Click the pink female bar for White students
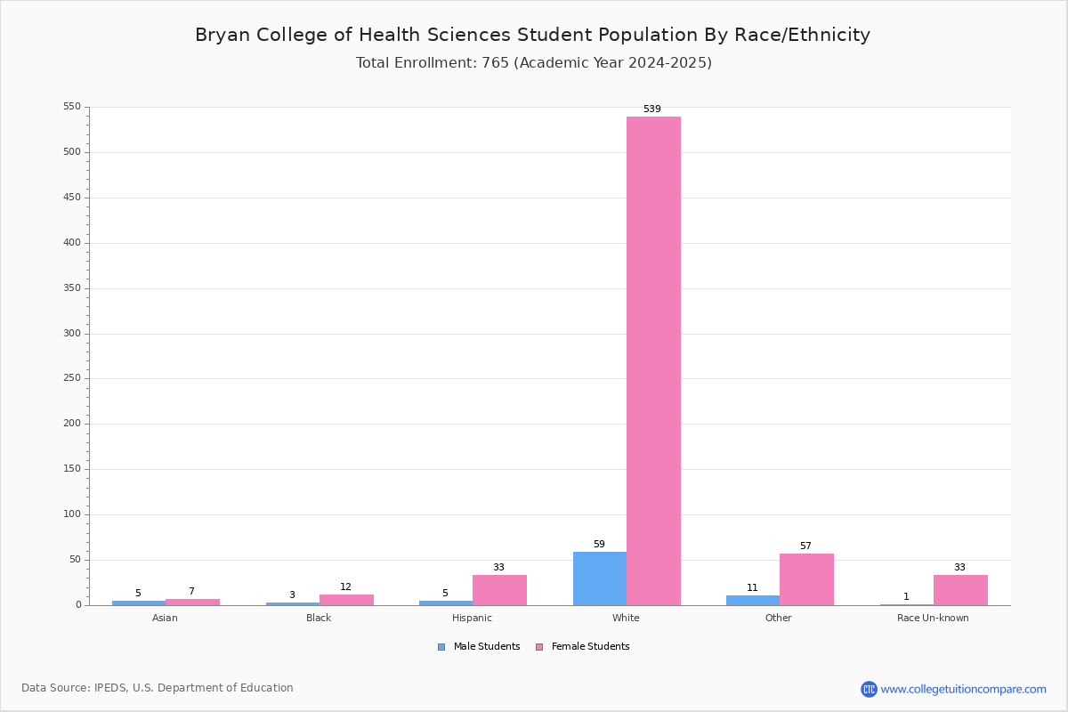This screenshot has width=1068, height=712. click(x=653, y=361)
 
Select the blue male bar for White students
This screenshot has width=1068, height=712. click(x=600, y=578)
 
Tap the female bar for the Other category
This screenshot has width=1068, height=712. click(x=806, y=579)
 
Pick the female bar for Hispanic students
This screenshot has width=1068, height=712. click(x=499, y=590)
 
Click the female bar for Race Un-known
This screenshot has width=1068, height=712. click(x=960, y=590)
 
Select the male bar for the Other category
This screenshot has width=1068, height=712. click(x=753, y=601)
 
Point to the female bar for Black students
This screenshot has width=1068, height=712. click(x=346, y=600)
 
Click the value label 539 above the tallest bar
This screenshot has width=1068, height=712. click(x=652, y=109)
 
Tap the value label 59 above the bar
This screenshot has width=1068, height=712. click(x=599, y=544)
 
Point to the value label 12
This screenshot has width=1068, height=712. click(x=345, y=587)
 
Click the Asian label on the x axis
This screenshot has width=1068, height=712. click(x=165, y=618)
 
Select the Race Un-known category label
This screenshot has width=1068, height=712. click(x=933, y=618)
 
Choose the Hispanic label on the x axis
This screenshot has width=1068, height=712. click(x=472, y=618)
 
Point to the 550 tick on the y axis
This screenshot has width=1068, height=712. click(x=72, y=106)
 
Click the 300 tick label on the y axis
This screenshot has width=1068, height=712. click(x=72, y=334)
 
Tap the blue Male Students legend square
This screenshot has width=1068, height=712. click(x=441, y=647)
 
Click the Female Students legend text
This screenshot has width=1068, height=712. click(x=590, y=646)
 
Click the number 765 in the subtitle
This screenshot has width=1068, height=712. click(x=496, y=62)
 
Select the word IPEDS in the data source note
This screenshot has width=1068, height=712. click(x=110, y=688)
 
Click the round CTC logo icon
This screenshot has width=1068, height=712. click(x=870, y=689)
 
